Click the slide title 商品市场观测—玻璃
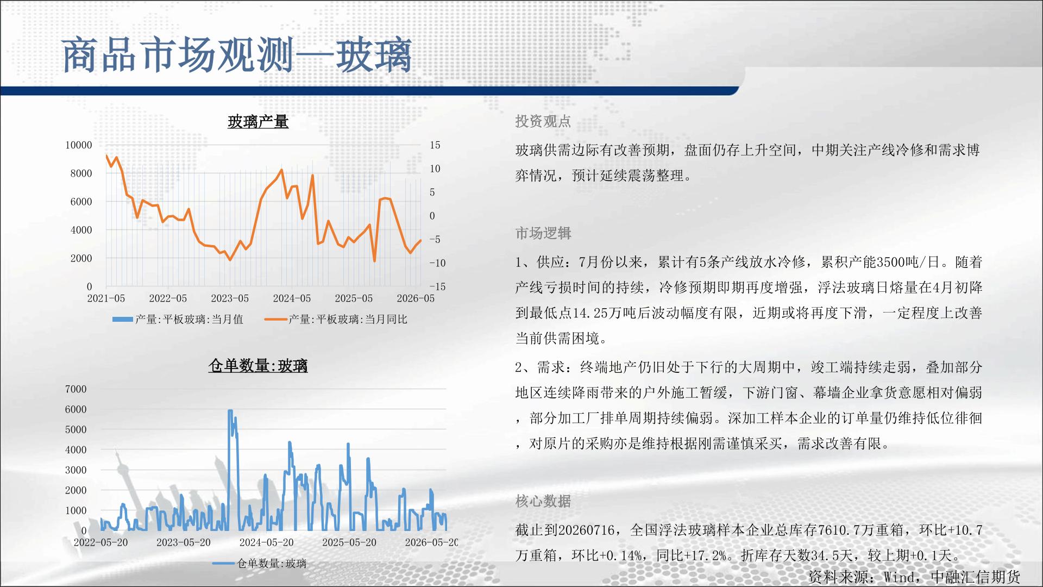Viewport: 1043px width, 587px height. click(237, 55)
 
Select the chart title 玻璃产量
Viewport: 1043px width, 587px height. click(258, 122)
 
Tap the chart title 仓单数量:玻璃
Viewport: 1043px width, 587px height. click(258, 366)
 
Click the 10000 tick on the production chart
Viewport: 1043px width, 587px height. click(79, 145)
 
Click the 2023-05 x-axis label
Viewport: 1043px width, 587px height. click(230, 298)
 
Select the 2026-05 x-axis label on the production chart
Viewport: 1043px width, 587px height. click(416, 298)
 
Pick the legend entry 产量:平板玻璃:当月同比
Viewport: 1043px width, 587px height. click(336, 320)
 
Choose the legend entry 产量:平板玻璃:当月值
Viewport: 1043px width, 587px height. click(178, 320)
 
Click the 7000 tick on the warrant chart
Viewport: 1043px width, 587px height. click(76, 389)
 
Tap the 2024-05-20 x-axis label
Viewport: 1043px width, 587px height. click(266, 542)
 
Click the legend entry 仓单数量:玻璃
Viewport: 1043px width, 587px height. click(259, 564)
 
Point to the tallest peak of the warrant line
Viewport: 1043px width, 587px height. click(230, 411)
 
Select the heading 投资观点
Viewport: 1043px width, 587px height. click(543, 121)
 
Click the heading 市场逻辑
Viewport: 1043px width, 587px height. click(543, 233)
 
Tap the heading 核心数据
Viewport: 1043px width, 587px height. click(543, 501)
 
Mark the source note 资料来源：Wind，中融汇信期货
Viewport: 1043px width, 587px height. click(914, 577)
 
